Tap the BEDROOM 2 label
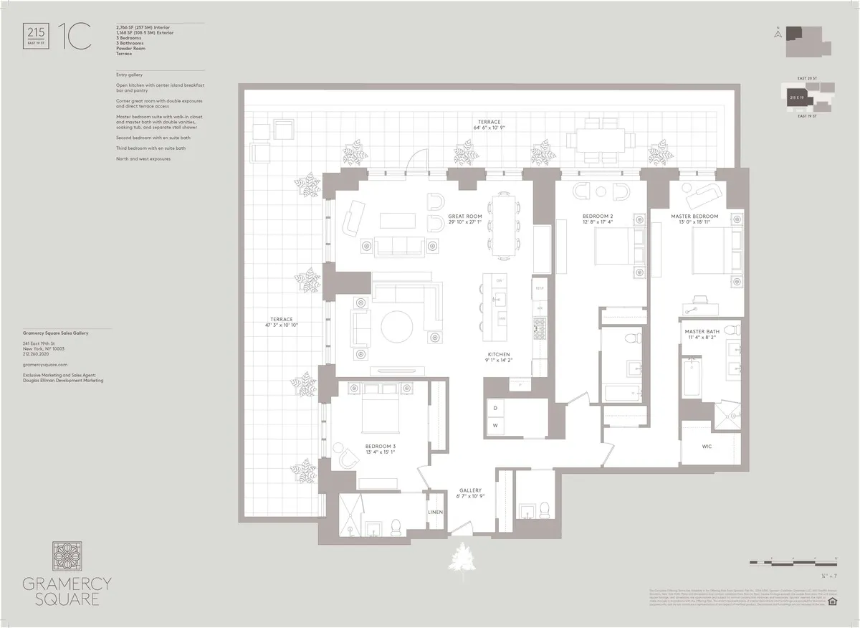597,216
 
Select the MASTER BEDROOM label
694,216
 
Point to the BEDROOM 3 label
380,446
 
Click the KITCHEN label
499,355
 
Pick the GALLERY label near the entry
471,491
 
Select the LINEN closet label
436,512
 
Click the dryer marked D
494,407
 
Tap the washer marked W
494,426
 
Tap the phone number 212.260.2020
36,352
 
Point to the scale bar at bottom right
793,561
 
